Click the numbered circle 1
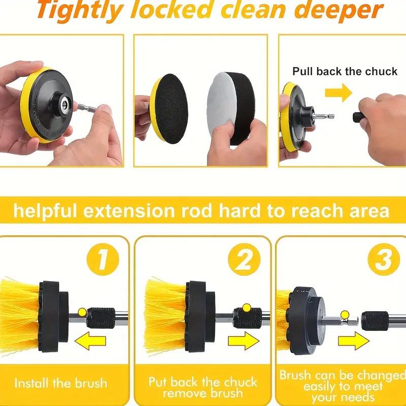[x=103, y=259]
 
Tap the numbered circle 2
[x=244, y=259]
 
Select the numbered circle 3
[x=384, y=259]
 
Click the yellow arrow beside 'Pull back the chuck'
[x=339, y=92]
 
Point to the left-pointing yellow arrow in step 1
[x=90, y=341]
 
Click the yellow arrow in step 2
[x=244, y=341]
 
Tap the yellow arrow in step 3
[x=354, y=341]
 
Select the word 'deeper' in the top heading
[x=339, y=11]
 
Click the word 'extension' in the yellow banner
[x=129, y=211]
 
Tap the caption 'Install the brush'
[x=60, y=383]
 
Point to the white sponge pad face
[x=220, y=104]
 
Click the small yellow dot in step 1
[x=82, y=312]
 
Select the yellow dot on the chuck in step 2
[x=247, y=308]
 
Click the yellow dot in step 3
[x=345, y=315]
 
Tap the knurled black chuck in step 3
[x=375, y=321]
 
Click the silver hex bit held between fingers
[x=87, y=108]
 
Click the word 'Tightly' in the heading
[x=80, y=11]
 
